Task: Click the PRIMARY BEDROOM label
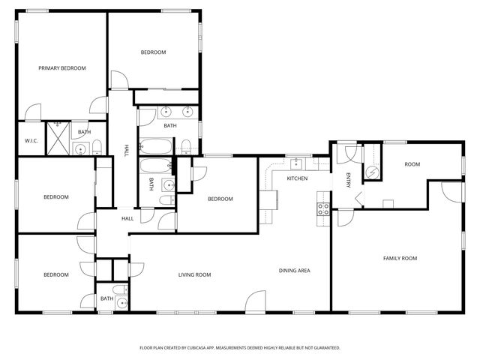pyautogui.click(x=62, y=68)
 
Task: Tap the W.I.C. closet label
pyautogui.click(x=31, y=140)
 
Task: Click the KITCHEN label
pyautogui.click(x=297, y=178)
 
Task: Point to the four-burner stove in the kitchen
pyautogui.click(x=323, y=209)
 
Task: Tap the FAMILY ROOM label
pyautogui.click(x=400, y=258)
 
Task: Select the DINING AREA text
pyautogui.click(x=295, y=271)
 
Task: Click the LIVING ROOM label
pyautogui.click(x=194, y=275)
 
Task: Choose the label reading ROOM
pyautogui.click(x=412, y=164)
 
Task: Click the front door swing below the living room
pyautogui.click(x=255, y=301)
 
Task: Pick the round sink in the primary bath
pyautogui.click(x=80, y=148)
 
